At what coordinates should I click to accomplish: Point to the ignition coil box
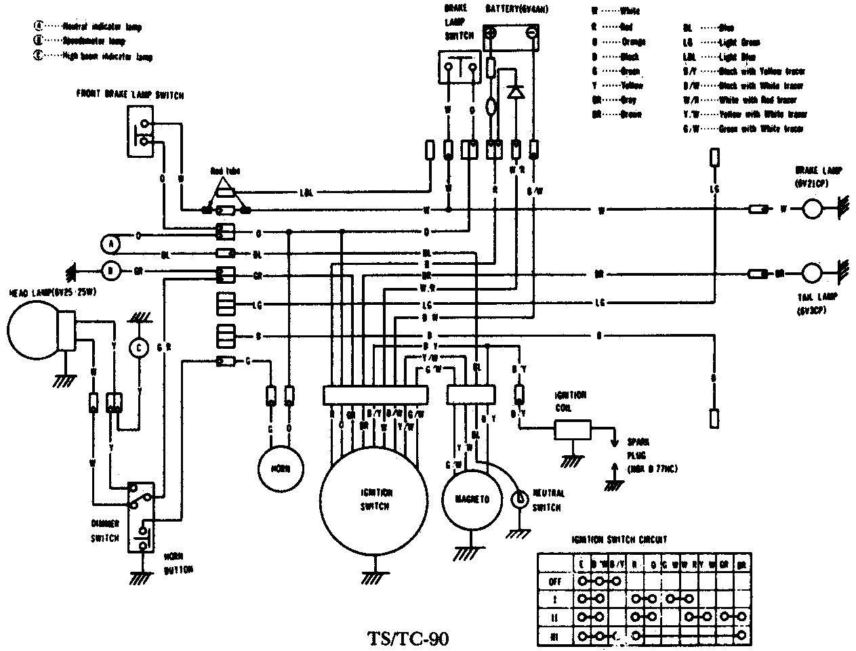[x=572, y=429]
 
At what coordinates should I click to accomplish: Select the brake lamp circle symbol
[x=812, y=210]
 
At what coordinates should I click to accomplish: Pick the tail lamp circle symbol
[x=812, y=274]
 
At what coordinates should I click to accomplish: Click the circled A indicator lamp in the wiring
[x=110, y=243]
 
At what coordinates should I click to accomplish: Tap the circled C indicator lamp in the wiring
[x=139, y=348]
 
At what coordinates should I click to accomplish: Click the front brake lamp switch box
[x=140, y=132]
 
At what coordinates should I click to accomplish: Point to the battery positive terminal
[x=491, y=33]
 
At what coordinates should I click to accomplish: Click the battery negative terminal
[x=531, y=33]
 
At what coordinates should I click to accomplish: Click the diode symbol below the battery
[x=516, y=91]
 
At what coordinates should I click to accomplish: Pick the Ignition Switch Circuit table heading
[x=617, y=540]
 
